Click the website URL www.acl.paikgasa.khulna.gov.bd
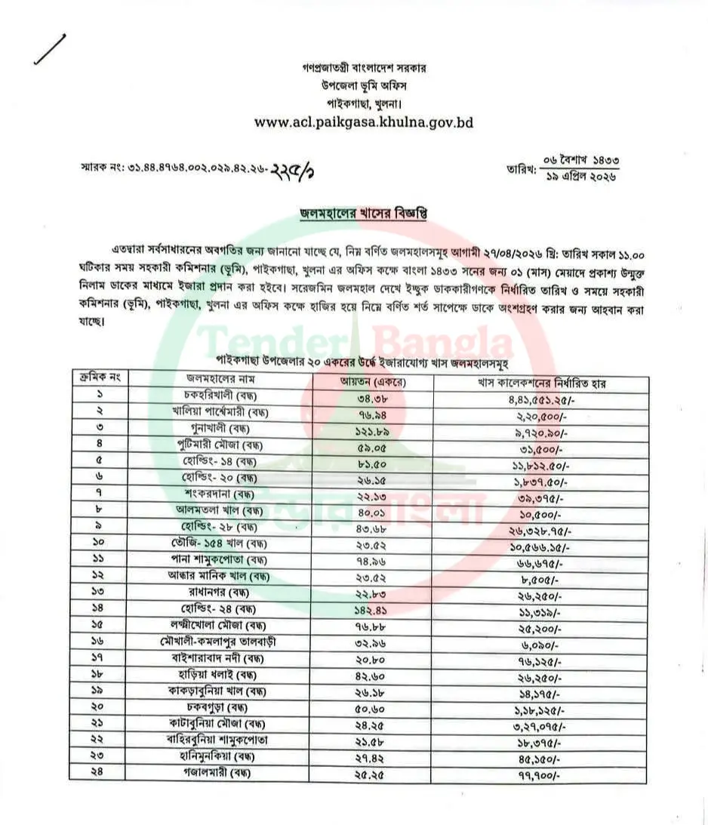pyautogui.click(x=364, y=122)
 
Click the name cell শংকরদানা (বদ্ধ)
pyautogui.click(x=219, y=494)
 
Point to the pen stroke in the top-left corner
pyautogui.click(x=50, y=50)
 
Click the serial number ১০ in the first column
pyautogui.click(x=100, y=543)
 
